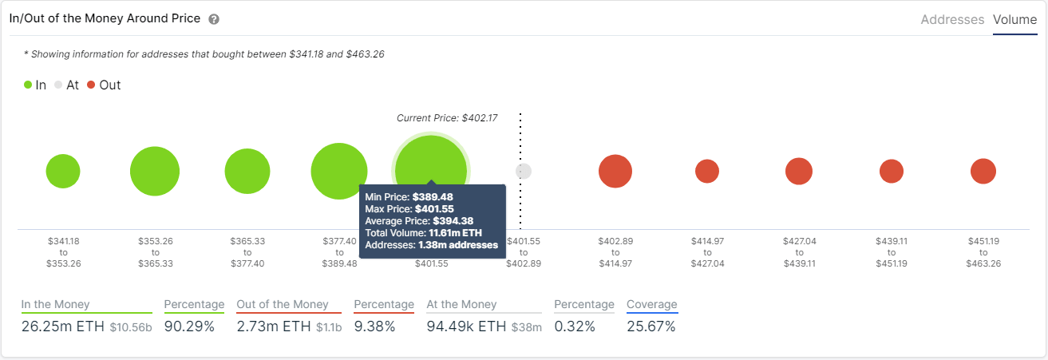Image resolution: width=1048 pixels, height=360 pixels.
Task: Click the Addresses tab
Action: (x=952, y=20)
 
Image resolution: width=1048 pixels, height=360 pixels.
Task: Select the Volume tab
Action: (x=1014, y=20)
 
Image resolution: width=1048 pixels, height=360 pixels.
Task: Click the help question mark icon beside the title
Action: (x=214, y=19)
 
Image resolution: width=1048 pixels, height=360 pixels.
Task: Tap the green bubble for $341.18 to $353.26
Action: (x=63, y=171)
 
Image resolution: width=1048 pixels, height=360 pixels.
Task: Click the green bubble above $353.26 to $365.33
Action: (x=155, y=171)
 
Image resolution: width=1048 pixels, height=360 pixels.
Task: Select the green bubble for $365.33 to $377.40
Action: (x=247, y=171)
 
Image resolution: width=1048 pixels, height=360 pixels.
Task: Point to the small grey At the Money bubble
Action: (x=524, y=171)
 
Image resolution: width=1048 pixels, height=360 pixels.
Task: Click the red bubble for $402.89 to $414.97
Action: (x=615, y=171)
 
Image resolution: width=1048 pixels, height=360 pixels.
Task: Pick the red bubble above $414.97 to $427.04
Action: (x=707, y=171)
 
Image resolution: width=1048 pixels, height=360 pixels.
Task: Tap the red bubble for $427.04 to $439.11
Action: (x=799, y=171)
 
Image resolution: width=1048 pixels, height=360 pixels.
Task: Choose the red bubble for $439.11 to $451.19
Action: (x=892, y=171)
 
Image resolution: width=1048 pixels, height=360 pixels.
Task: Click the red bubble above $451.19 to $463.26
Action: (x=983, y=171)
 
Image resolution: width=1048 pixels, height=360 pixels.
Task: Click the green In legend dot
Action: (x=29, y=85)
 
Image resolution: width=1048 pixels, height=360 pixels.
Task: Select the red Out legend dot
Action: (x=91, y=85)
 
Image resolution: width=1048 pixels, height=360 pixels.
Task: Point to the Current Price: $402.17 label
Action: (x=447, y=118)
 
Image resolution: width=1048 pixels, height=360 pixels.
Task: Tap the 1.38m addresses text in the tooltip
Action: (x=457, y=245)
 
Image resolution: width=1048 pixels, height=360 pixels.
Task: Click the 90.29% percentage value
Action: (x=189, y=326)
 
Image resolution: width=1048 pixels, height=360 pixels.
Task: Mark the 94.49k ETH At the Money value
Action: (x=466, y=326)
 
